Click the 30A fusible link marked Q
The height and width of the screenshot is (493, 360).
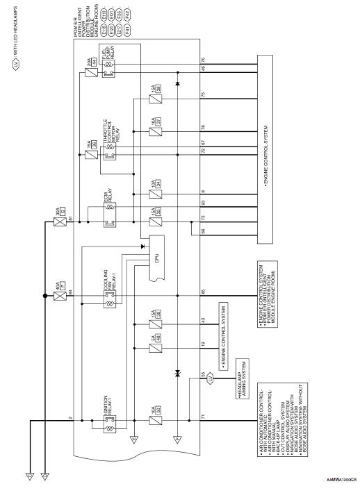59,223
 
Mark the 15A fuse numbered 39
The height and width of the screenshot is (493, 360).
156,323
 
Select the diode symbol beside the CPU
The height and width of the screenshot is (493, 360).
142,246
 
